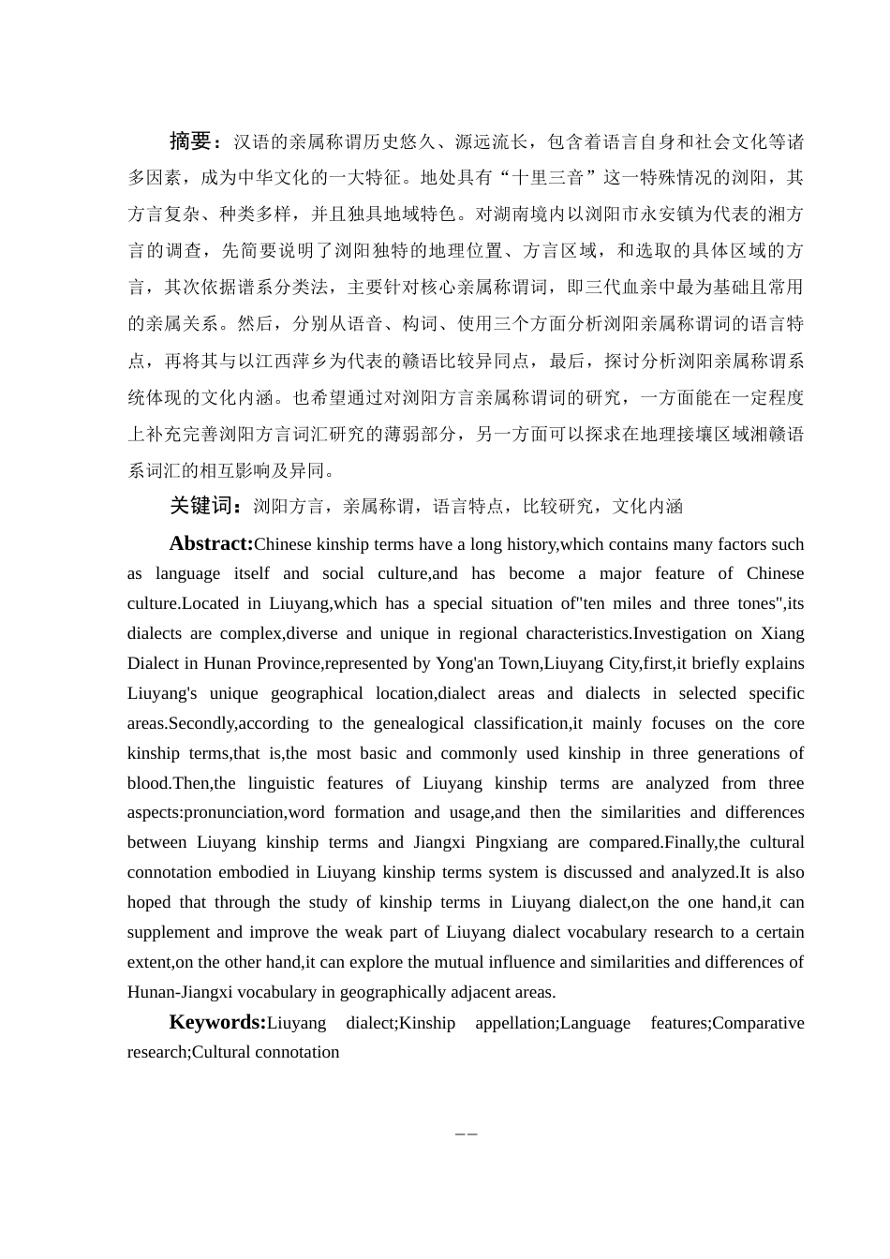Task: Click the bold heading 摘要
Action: coord(191,141)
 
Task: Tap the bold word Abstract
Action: coord(211,543)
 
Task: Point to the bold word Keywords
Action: coord(217,1022)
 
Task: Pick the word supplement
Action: coord(168,932)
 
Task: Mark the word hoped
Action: coord(149,902)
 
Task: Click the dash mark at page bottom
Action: coord(467,1133)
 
